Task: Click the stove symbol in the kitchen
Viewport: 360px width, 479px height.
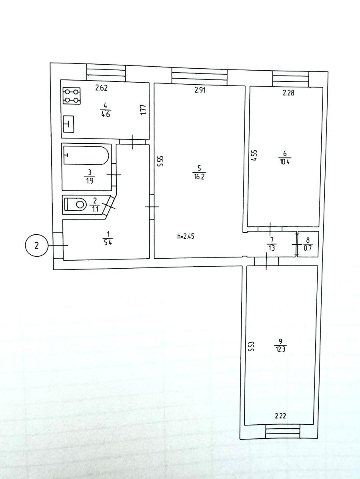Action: tap(72, 96)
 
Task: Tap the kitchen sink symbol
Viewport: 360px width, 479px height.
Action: tap(68, 124)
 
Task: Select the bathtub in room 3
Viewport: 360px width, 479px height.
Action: tap(86, 155)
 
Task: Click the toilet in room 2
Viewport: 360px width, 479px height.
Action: tap(75, 204)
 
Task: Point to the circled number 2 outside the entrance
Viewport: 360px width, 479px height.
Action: tap(36, 246)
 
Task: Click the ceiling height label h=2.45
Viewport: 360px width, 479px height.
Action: tap(186, 236)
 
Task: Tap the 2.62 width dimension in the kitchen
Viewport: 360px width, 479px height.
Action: tap(102, 88)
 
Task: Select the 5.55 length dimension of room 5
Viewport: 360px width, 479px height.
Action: tap(161, 161)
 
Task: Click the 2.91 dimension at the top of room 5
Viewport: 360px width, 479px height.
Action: tap(200, 90)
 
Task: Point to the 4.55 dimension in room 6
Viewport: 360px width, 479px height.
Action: tap(254, 155)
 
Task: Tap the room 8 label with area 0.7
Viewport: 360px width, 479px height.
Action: tap(308, 244)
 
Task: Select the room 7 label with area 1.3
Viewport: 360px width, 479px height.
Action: tap(272, 244)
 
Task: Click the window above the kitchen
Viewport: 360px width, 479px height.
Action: tap(106, 73)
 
